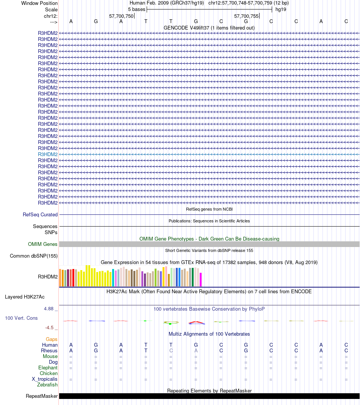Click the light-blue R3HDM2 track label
48,154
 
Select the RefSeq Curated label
40,214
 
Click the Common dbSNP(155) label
34,256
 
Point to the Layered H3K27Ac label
25,297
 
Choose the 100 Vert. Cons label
21,318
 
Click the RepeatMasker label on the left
42,396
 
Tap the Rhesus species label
49,350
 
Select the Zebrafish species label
47,385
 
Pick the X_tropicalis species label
45,379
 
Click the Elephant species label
48,367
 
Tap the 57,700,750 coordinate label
121,16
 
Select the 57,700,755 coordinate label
246,16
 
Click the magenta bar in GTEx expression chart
200,280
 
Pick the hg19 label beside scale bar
281,9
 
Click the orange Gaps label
52,339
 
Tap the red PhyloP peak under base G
196,322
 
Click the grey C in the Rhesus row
171,350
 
